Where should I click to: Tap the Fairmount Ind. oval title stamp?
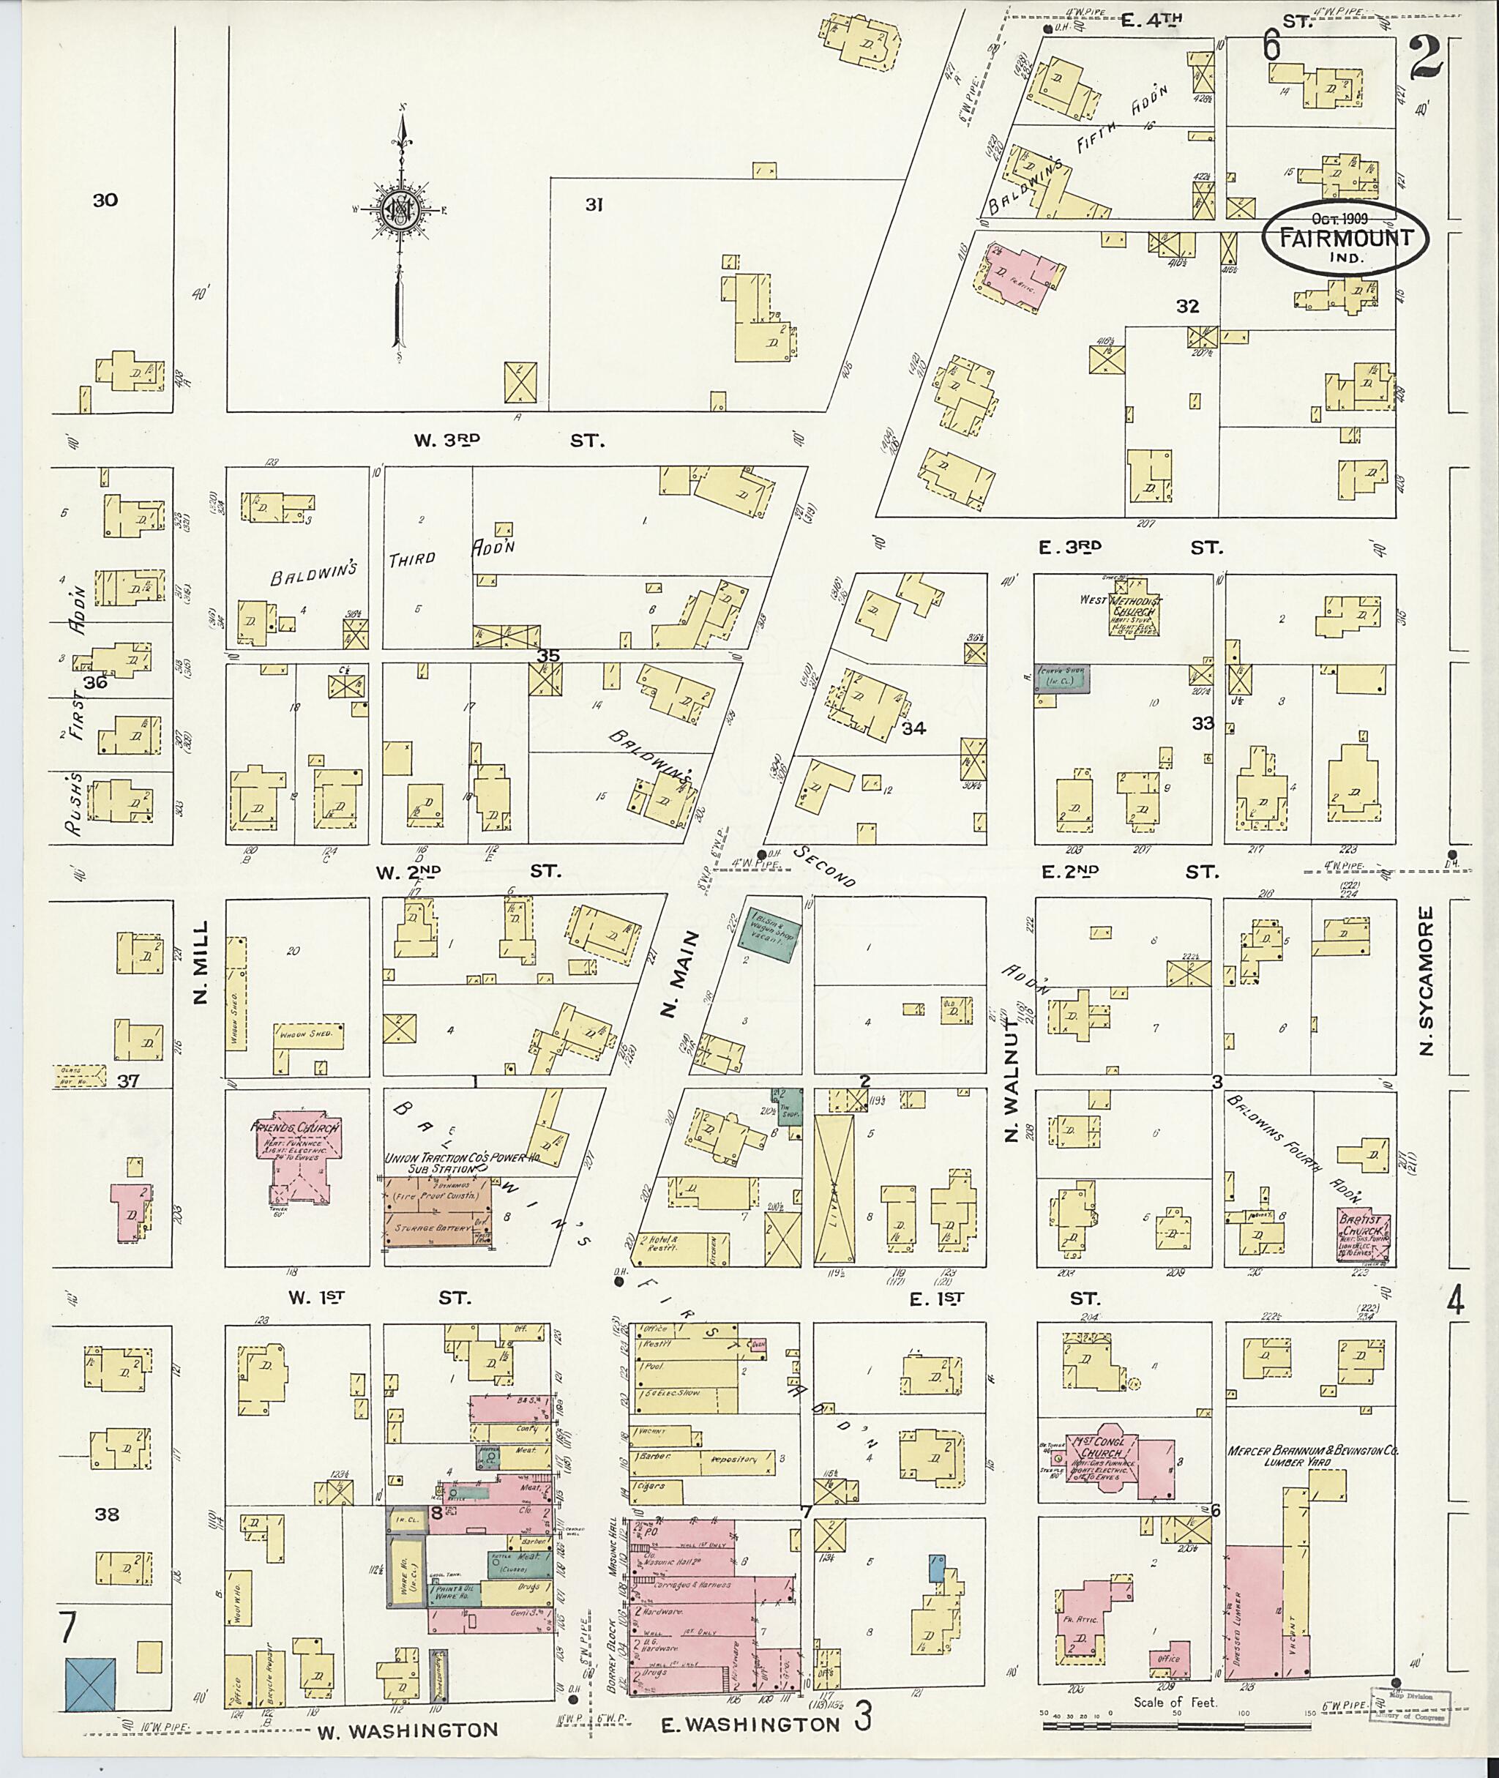point(1344,238)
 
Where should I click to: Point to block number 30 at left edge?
point(105,201)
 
